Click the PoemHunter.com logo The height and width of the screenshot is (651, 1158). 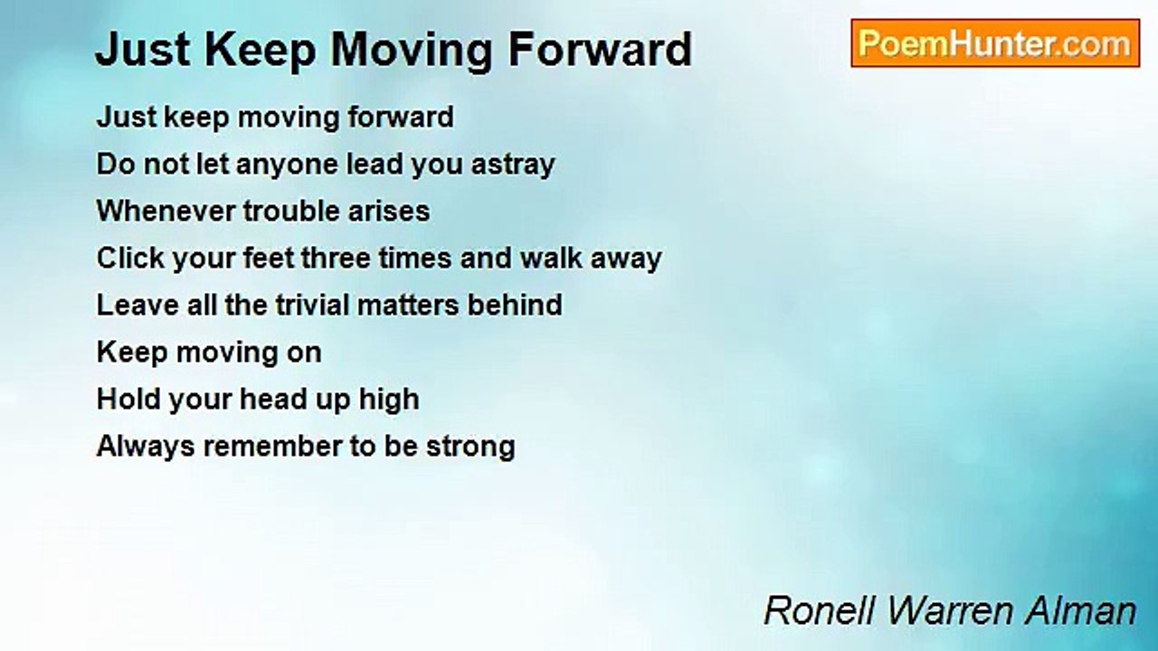[x=995, y=43]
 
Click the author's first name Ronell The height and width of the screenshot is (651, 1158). [x=819, y=610]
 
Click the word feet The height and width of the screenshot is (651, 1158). [x=269, y=259]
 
